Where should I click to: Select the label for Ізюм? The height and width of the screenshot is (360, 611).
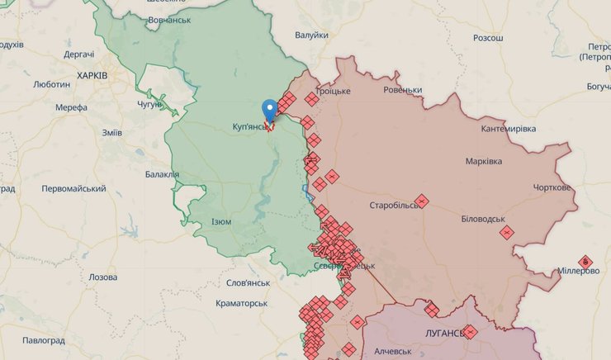point(221,222)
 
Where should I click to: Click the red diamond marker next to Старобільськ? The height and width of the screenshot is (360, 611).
point(421,200)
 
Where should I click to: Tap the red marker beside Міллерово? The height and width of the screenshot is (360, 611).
point(585,262)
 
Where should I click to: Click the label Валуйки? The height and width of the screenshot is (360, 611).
point(311,35)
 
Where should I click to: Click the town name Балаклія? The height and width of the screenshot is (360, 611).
point(162,174)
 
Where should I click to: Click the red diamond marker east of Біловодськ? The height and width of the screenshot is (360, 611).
point(506,233)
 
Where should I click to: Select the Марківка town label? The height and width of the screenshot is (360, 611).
point(483,161)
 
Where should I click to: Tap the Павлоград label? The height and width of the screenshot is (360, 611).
point(43,340)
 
